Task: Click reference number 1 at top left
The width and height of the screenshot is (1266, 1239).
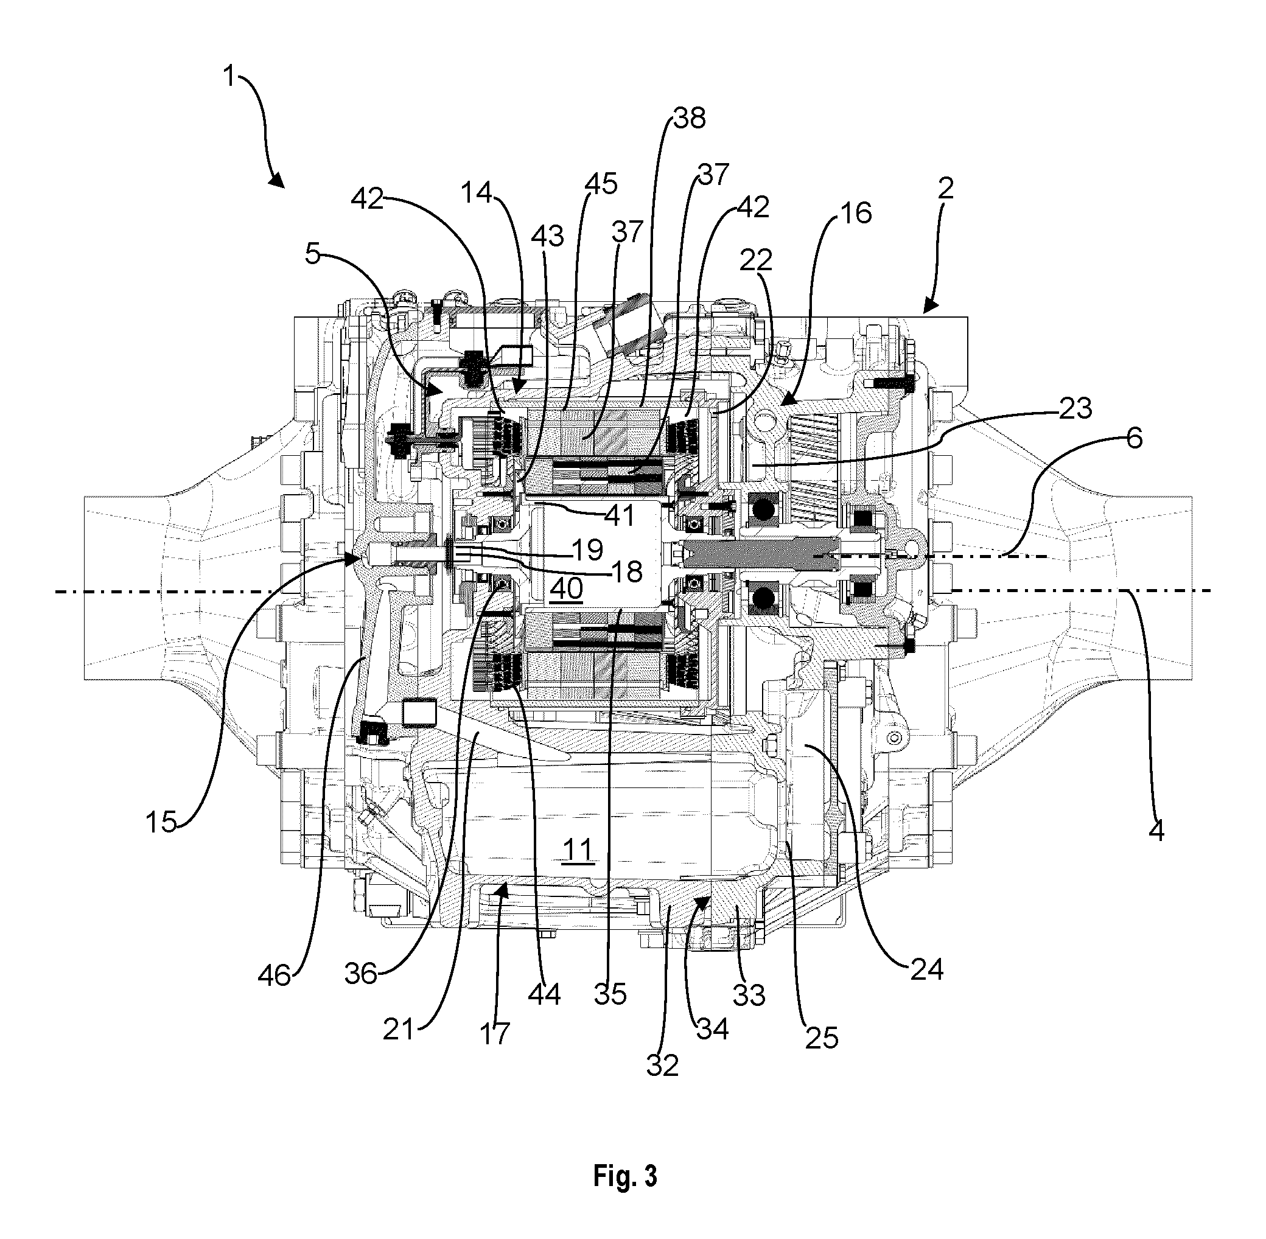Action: click(x=228, y=76)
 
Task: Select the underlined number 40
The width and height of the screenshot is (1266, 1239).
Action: click(x=566, y=588)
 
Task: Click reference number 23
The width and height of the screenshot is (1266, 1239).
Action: click(x=1076, y=408)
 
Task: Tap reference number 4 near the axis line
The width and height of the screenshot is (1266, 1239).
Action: click(x=1156, y=831)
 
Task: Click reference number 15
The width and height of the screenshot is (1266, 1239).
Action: click(x=161, y=822)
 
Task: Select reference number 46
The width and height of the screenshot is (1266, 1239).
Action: click(x=274, y=975)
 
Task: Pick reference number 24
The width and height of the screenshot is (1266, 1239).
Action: click(x=927, y=969)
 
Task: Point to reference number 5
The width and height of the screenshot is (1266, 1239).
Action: click(x=313, y=254)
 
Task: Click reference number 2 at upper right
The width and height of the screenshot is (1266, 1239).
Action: click(x=946, y=188)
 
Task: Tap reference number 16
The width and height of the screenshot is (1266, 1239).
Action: click(x=856, y=213)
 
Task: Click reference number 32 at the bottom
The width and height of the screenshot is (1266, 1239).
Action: click(x=663, y=1065)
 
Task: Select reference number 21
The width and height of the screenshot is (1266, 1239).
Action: click(x=398, y=1030)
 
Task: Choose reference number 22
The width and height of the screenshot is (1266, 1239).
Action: click(x=756, y=260)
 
